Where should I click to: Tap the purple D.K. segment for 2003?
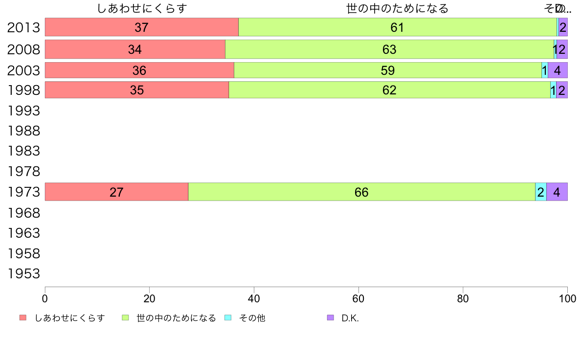[x=558, y=70]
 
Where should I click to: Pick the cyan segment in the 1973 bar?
[x=541, y=192]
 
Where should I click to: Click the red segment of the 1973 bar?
[x=116, y=192]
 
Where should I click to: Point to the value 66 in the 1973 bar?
[x=361, y=192]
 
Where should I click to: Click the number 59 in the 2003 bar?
[x=387, y=71]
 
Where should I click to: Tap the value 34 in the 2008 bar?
[x=135, y=49]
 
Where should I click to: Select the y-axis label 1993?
[x=23, y=111]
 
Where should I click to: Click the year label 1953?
[x=23, y=273]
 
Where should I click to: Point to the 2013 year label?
[x=23, y=27]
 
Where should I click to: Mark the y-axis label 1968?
[x=23, y=213]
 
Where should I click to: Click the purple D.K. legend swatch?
[x=330, y=318]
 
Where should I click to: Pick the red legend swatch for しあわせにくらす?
[x=23, y=318]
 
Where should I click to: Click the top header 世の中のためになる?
[x=397, y=9]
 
